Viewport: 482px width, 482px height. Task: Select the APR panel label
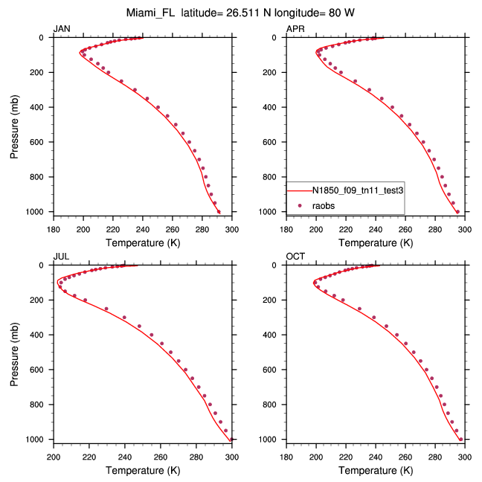(295, 29)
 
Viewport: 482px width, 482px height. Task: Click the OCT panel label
(295, 257)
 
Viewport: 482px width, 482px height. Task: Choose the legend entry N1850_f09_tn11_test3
(357, 190)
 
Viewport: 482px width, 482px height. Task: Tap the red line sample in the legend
(298, 190)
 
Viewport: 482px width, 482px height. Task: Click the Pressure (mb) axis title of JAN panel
(16, 124)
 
